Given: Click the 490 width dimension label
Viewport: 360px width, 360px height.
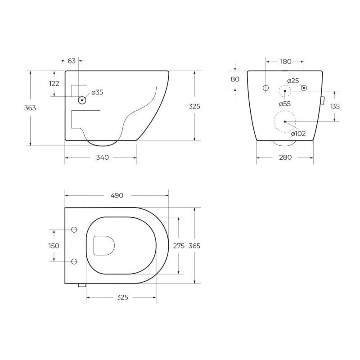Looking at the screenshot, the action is pyautogui.click(x=117, y=195).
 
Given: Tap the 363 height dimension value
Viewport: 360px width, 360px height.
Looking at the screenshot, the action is pyautogui.click(x=30, y=108).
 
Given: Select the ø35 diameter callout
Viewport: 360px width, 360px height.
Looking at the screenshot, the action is pyautogui.click(x=97, y=92).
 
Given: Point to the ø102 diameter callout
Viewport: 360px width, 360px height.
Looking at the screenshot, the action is pyautogui.click(x=298, y=134).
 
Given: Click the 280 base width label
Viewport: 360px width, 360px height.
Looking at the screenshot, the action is pyautogui.click(x=285, y=157).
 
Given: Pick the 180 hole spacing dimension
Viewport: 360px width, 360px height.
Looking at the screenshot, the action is pyautogui.click(x=286, y=62).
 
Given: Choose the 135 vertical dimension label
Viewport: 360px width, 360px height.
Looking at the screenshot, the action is pyautogui.click(x=334, y=106).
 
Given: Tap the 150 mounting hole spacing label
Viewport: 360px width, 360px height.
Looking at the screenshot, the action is pyautogui.click(x=54, y=246).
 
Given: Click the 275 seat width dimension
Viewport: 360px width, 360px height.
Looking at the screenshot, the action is pyautogui.click(x=179, y=246).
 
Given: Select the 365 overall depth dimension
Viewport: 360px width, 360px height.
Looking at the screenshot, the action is pyautogui.click(x=194, y=246).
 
